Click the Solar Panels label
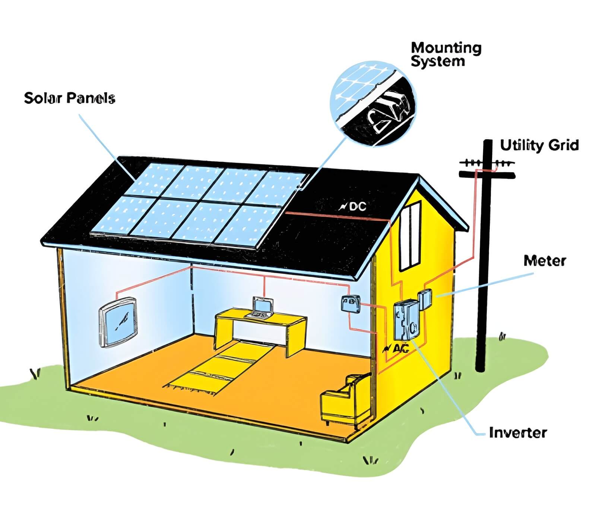pyautogui.click(x=70, y=98)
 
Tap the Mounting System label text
pyautogui.click(x=446, y=54)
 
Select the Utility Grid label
pyautogui.click(x=539, y=145)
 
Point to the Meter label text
pyautogui.click(x=544, y=261)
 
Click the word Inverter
pyautogui.click(x=517, y=433)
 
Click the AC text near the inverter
pyautogui.click(x=400, y=348)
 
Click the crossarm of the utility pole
pyautogui.click(x=487, y=175)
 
